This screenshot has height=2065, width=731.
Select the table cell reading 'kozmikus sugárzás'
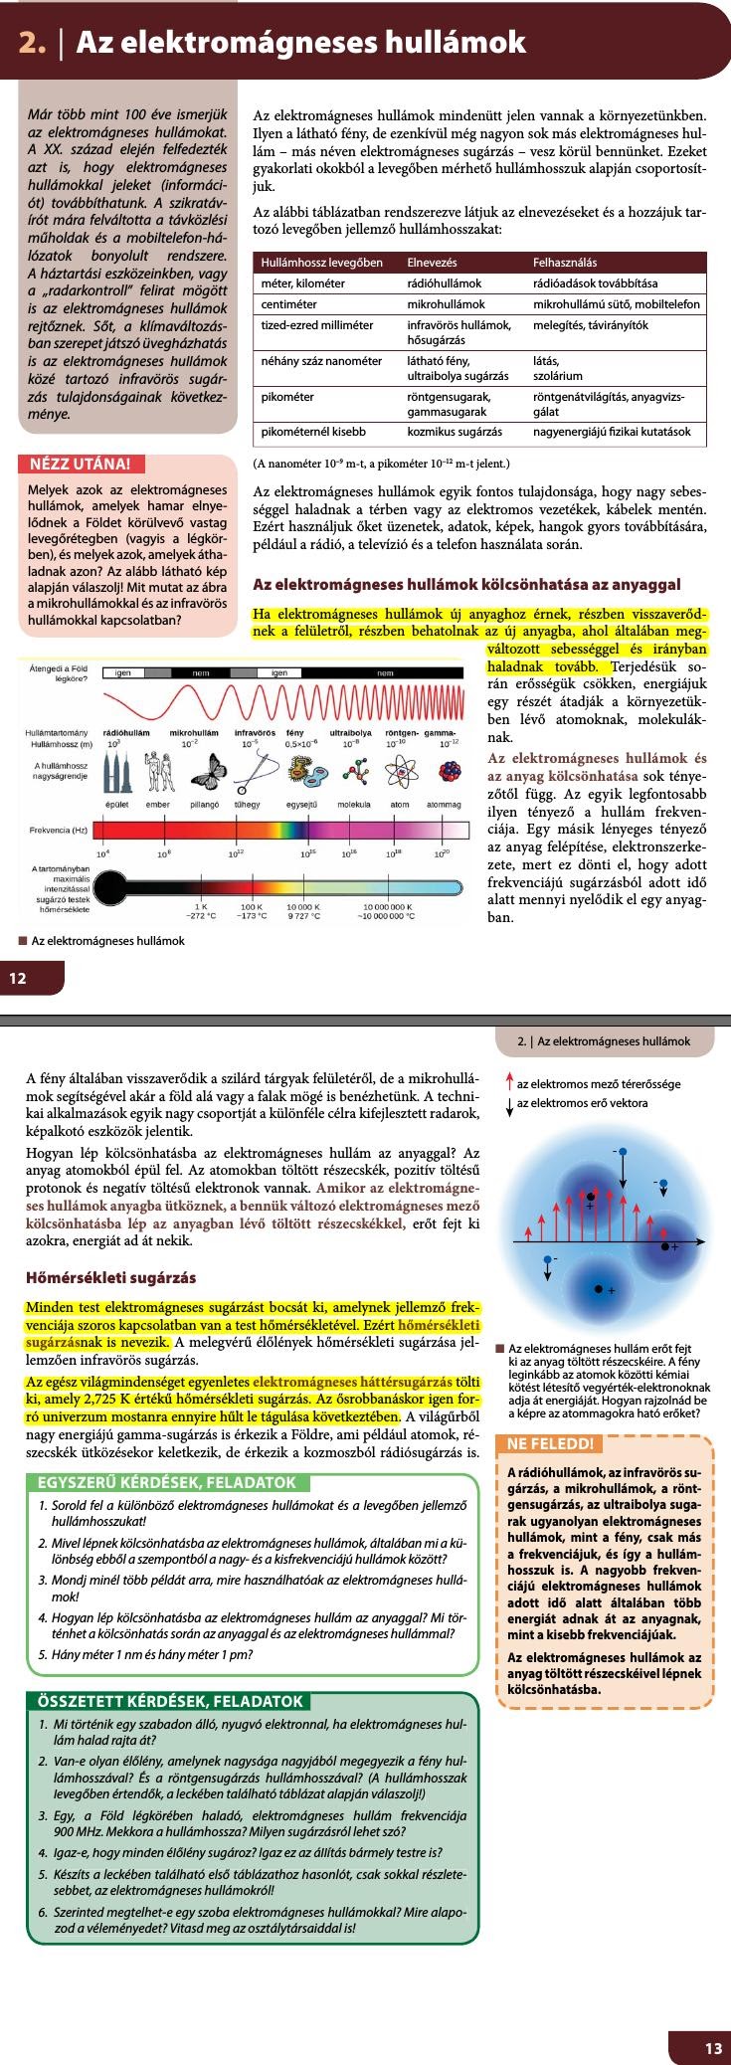point(454,433)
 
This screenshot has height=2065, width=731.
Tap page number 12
point(19,978)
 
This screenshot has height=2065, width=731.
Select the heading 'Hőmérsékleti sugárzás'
point(110,1277)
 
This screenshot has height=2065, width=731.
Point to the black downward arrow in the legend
point(509,1103)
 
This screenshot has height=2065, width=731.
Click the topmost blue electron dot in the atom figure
point(623,1152)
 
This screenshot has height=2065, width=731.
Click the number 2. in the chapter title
point(34,42)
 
